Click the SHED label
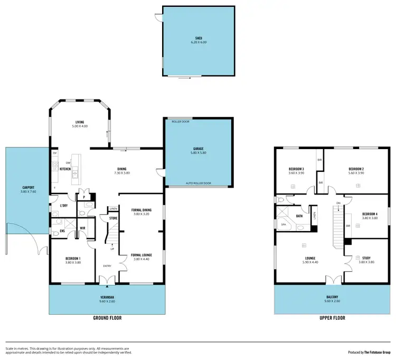point(199,39)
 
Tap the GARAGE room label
point(198,149)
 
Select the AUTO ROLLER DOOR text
point(198,183)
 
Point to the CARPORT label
point(28,187)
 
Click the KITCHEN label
point(65,169)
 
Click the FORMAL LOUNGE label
point(141,255)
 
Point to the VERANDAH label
point(107,298)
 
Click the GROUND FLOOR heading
point(107,318)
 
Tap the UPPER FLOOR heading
point(332,318)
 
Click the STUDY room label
point(366,259)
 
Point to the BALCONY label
point(332,298)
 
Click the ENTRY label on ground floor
point(107,266)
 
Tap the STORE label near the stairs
point(113,218)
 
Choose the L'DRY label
point(64,205)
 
